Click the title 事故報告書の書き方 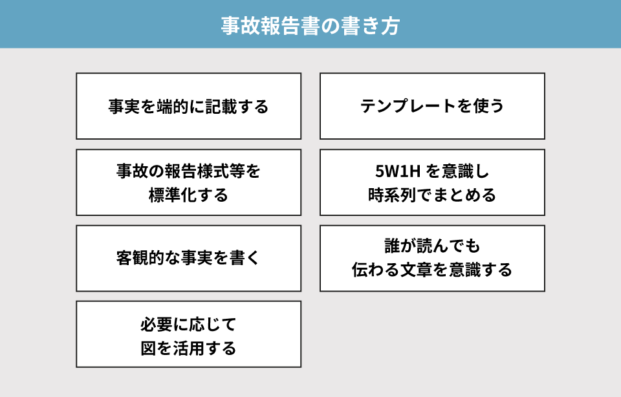(x=310, y=25)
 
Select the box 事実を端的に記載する (x=188, y=106)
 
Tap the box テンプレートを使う (x=433, y=106)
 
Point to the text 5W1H (x=397, y=171)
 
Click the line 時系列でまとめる (x=432, y=195)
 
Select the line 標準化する (x=188, y=195)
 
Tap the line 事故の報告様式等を (x=188, y=171)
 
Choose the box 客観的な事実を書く (x=188, y=259)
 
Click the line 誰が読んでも (x=432, y=246)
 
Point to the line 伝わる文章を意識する (x=432, y=270)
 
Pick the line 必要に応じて (x=188, y=325)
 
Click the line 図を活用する (x=188, y=349)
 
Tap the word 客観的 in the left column (x=140, y=258)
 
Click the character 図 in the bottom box (x=149, y=349)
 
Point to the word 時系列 (x=392, y=195)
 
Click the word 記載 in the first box (x=221, y=107)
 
